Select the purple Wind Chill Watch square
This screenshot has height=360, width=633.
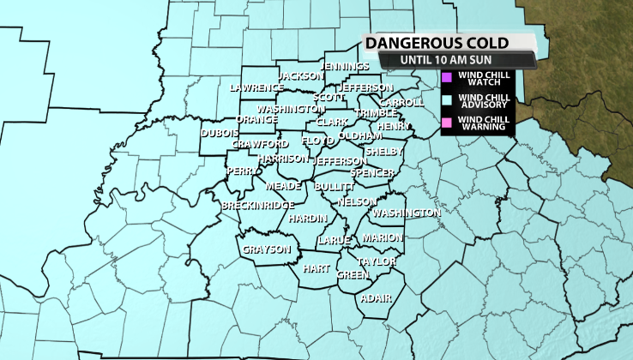(446, 78)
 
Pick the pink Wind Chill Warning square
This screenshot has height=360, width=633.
(446, 123)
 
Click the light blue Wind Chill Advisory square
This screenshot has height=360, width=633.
(446, 100)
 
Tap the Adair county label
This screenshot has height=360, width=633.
(377, 297)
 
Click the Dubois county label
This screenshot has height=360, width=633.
(220, 134)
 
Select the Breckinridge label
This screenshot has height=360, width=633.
(258, 206)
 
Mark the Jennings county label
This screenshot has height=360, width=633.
(345, 66)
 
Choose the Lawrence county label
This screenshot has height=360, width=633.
(256, 87)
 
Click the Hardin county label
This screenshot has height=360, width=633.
(308, 219)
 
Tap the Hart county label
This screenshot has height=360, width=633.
(316, 268)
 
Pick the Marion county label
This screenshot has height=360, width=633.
(381, 237)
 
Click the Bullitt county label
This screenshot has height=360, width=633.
(335, 187)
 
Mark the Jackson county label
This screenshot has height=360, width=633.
(299, 75)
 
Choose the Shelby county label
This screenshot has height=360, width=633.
(383, 152)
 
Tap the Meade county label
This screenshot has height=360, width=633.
(283, 186)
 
